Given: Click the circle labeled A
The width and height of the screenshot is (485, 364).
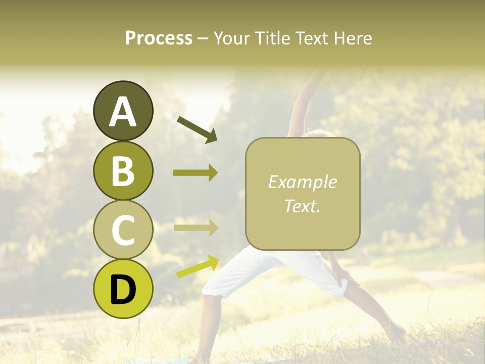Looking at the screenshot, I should pyautogui.click(x=123, y=111).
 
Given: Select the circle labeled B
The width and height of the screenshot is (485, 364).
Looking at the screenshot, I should pyautogui.click(x=123, y=170).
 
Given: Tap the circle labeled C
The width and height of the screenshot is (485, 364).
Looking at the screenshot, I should pyautogui.click(x=123, y=230).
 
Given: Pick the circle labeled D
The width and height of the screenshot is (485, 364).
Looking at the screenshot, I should pyautogui.click(x=123, y=289).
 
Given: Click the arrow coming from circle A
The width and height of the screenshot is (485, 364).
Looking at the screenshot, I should pyautogui.click(x=197, y=129).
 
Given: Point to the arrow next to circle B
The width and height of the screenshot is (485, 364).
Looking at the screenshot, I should pyautogui.click(x=196, y=173).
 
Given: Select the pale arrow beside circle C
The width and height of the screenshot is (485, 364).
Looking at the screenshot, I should pyautogui.click(x=196, y=227).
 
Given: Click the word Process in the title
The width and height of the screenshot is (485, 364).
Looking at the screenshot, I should pyautogui.click(x=159, y=38).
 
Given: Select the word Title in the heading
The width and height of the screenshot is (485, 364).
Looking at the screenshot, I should pyautogui.click(x=274, y=38).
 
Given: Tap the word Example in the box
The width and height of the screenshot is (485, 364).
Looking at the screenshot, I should pyautogui.click(x=302, y=183).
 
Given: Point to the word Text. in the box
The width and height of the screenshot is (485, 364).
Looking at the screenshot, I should pyautogui.click(x=302, y=206).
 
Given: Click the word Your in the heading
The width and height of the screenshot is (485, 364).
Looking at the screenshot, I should pyautogui.click(x=233, y=38).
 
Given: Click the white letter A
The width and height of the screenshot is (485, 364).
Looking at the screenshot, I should pyautogui.click(x=123, y=112).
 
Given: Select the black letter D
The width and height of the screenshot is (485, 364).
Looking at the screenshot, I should pyautogui.click(x=123, y=290).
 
